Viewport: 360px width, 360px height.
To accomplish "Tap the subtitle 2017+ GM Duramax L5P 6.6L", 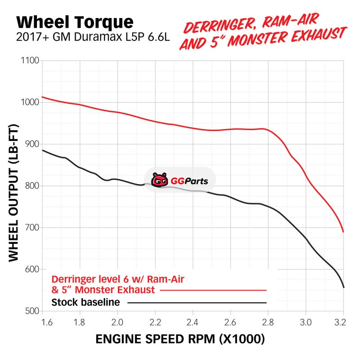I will coord(92,36).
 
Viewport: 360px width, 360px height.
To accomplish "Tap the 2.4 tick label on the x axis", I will coord(193,322).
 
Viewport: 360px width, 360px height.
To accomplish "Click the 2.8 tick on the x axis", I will coord(268,322).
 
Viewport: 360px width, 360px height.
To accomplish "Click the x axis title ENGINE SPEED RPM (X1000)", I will coord(180,339).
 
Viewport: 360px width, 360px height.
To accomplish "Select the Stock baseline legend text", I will coord(86,302).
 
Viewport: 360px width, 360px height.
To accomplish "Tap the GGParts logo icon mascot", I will coord(159,181).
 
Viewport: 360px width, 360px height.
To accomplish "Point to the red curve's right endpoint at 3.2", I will coord(343,232).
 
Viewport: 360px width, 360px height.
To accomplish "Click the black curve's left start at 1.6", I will coord(42,150).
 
